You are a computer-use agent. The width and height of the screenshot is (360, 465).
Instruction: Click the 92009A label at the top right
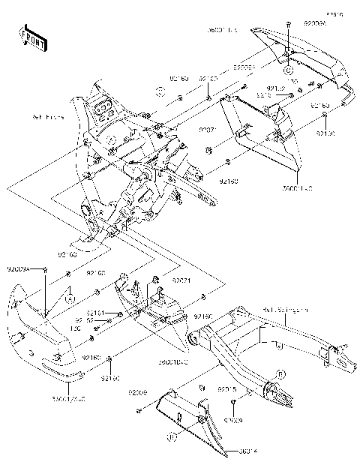315,25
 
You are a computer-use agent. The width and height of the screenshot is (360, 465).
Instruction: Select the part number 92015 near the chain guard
227,390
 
